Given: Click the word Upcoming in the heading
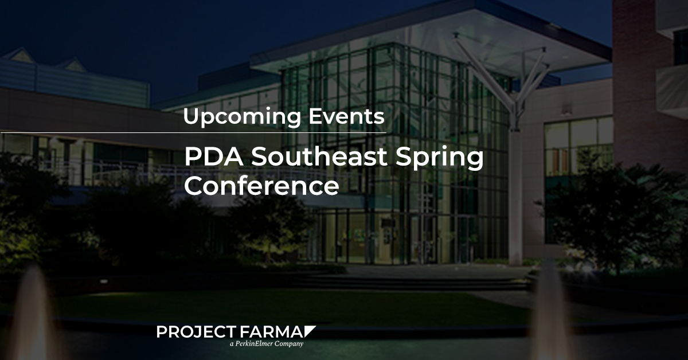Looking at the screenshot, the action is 242,117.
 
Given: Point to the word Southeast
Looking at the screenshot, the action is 319,156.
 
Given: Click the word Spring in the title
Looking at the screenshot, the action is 440,158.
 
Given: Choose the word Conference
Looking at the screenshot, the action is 261,186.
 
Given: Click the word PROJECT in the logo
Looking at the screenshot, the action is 196,332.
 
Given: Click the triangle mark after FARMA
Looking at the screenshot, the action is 309,330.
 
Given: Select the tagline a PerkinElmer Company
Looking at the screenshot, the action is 267,344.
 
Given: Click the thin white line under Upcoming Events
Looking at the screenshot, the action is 194,132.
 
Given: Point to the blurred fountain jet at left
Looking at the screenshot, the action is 32,314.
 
